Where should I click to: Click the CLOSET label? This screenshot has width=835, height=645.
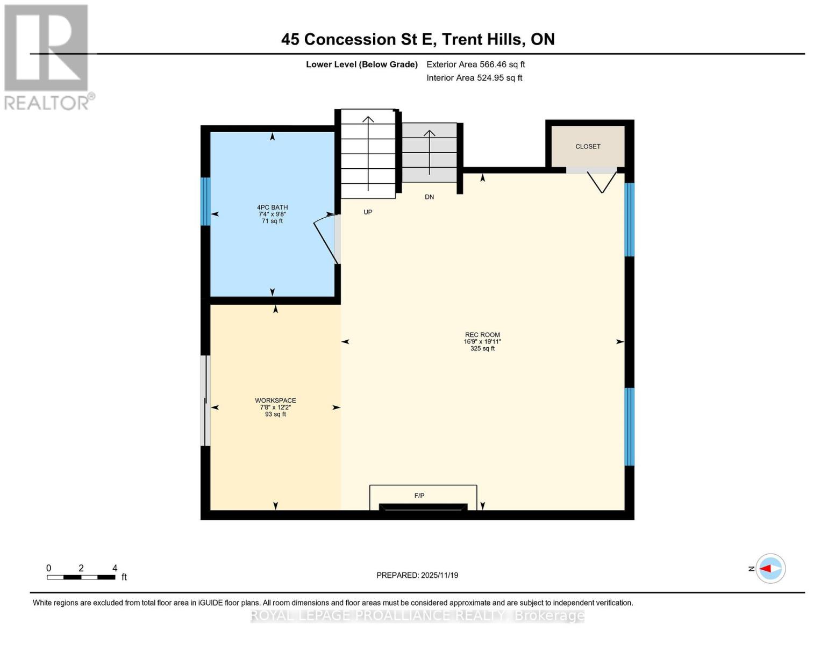(x=588, y=146)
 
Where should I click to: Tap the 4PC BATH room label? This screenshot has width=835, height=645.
(x=272, y=207)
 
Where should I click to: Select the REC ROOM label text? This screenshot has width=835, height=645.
(x=482, y=335)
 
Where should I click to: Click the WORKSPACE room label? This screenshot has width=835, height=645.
(x=275, y=400)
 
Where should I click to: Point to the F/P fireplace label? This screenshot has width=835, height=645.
(x=419, y=496)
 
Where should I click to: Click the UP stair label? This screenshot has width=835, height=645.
(x=368, y=212)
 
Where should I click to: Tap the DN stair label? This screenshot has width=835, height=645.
(x=429, y=197)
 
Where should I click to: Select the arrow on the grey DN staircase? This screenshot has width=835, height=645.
(x=429, y=152)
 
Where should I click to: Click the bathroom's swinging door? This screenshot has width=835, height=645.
(x=326, y=239)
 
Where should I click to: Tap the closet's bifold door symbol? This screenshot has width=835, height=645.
(x=601, y=182)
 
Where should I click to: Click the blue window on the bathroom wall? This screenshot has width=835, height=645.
(x=205, y=201)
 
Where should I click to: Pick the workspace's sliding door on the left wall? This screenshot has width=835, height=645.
(x=205, y=400)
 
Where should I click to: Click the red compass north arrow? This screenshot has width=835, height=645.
(x=770, y=568)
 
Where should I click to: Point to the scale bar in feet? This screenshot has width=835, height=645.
(x=81, y=577)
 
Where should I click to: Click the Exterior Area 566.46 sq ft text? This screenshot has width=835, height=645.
(x=475, y=64)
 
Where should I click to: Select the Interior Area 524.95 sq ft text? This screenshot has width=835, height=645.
(x=474, y=78)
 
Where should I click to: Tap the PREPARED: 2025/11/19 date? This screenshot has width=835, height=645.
(x=417, y=575)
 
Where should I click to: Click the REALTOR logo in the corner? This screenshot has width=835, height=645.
(x=47, y=57)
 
